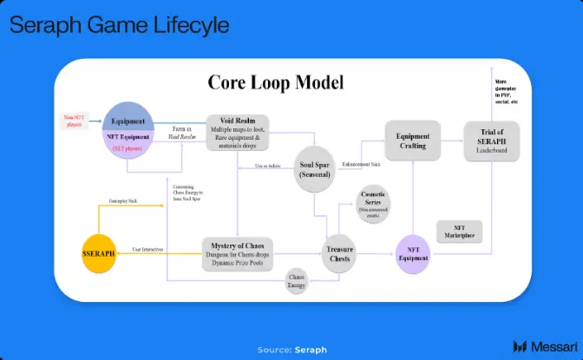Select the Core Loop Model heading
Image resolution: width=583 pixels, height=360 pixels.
(276, 82)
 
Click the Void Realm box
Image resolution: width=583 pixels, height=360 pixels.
(237, 132)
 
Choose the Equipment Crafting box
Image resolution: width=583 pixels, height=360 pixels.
(412, 141)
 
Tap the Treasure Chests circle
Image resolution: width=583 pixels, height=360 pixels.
(339, 253)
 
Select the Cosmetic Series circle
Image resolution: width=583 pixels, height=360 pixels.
(375, 204)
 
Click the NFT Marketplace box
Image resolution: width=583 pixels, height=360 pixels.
(457, 232)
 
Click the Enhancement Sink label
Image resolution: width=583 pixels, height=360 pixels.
(361, 163)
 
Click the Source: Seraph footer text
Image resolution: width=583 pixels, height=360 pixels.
(291, 350)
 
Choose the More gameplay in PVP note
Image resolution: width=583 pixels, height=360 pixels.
(506, 95)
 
